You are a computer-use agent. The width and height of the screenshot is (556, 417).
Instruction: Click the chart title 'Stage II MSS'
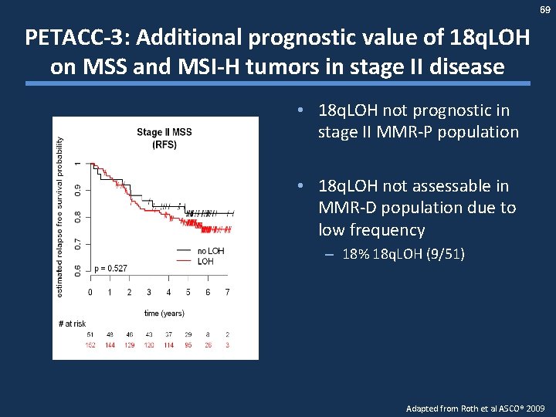tap(164, 132)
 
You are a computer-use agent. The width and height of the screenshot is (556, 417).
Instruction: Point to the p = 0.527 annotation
tap(110, 268)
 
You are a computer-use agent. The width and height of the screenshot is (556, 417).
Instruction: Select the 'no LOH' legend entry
tap(210, 251)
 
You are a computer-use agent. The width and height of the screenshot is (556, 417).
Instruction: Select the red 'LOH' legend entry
tap(205, 261)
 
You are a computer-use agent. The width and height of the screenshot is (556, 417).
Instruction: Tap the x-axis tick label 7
tap(228, 293)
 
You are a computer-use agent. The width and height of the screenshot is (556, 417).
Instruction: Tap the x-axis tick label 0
tap(90, 293)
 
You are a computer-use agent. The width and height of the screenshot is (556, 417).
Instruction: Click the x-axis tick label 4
tap(169, 293)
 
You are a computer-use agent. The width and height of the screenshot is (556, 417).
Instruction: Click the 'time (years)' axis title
tap(164, 313)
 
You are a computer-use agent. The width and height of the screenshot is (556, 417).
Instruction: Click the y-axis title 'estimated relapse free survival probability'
tap(61, 215)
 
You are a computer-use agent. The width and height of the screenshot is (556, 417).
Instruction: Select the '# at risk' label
tap(72, 324)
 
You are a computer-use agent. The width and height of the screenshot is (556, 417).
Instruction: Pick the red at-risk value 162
tap(90, 345)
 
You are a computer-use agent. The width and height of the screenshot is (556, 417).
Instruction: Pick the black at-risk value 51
tap(90, 334)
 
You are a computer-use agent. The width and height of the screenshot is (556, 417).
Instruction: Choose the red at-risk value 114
tap(169, 345)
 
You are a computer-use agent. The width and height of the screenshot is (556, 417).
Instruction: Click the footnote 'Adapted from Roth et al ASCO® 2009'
tap(475, 407)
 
